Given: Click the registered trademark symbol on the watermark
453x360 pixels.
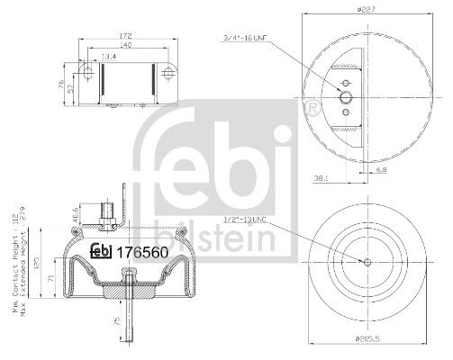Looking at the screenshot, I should tap(313, 109).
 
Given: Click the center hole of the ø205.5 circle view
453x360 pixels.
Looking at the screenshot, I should tap(368, 262).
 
